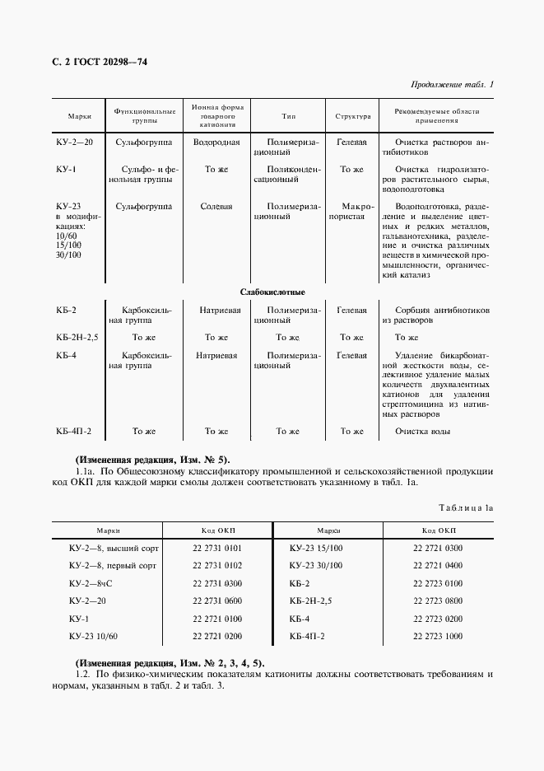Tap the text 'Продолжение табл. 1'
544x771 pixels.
click(x=452, y=85)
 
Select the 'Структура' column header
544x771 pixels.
click(x=352, y=116)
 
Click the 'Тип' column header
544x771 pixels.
click(x=288, y=116)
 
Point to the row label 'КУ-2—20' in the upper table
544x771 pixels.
click(x=75, y=142)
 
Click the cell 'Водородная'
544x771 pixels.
click(x=216, y=142)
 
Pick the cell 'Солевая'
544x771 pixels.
click(x=216, y=206)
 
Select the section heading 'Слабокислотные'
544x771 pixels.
click(x=272, y=292)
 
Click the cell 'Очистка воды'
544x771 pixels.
click(x=423, y=431)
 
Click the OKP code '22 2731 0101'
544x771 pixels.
click(x=217, y=547)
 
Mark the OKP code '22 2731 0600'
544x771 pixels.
click(x=217, y=600)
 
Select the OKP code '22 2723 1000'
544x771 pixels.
click(x=438, y=636)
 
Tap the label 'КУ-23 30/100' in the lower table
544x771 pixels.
click(x=316, y=565)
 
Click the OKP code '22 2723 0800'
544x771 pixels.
click(x=438, y=600)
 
